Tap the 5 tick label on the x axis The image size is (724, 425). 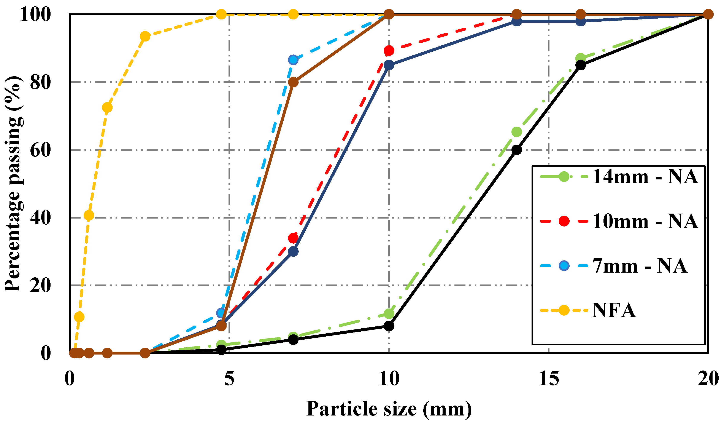pyautogui.click(x=229, y=379)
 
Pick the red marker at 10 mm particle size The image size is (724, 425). pyautogui.click(x=389, y=51)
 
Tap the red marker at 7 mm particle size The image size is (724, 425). pyautogui.click(x=293, y=238)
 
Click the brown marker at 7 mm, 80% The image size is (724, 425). pyautogui.click(x=293, y=82)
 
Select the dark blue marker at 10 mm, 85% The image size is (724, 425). pyautogui.click(x=389, y=65)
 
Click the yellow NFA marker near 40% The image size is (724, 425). pyautogui.click(x=89, y=215)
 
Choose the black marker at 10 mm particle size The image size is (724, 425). pyautogui.click(x=389, y=326)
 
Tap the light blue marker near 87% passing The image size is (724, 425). pyautogui.click(x=293, y=60)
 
